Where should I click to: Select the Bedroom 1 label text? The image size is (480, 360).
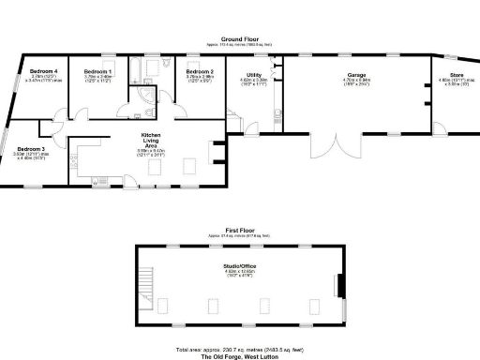click(97, 72)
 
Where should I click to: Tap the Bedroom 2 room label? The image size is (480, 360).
click(200, 72)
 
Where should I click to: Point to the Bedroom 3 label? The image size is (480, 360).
click(31, 148)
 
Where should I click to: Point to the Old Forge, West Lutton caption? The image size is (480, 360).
click(241, 355)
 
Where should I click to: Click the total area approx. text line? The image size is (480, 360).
click(241, 348)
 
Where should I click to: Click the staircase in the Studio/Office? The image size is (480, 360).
click(144, 278)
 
